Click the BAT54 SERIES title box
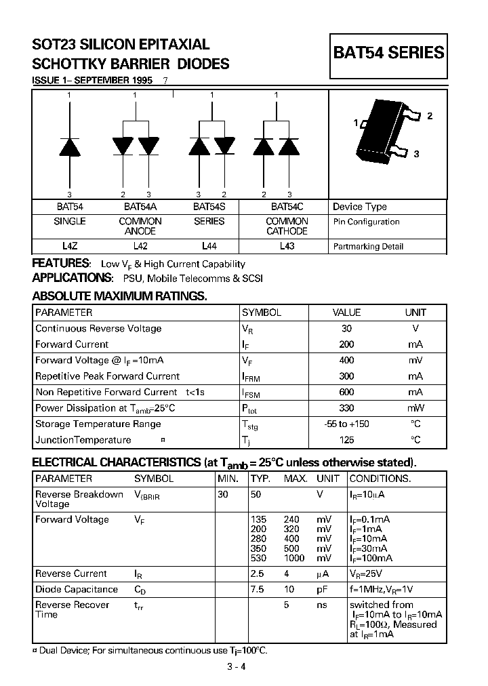(388, 54)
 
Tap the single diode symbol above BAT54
(70, 145)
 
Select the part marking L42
(140, 247)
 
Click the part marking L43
(287, 247)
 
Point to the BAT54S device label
(210, 207)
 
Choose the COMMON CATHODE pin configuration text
(287, 226)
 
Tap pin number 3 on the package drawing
(416, 154)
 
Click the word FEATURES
(61, 263)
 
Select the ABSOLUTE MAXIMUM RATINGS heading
(120, 296)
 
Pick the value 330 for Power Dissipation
(346, 408)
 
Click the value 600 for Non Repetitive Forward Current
(346, 392)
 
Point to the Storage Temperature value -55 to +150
(346, 424)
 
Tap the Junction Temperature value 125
(346, 440)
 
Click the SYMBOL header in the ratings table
(262, 312)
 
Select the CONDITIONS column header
(380, 478)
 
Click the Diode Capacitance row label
(77, 589)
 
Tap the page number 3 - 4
(237, 666)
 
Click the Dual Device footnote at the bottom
(150, 650)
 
